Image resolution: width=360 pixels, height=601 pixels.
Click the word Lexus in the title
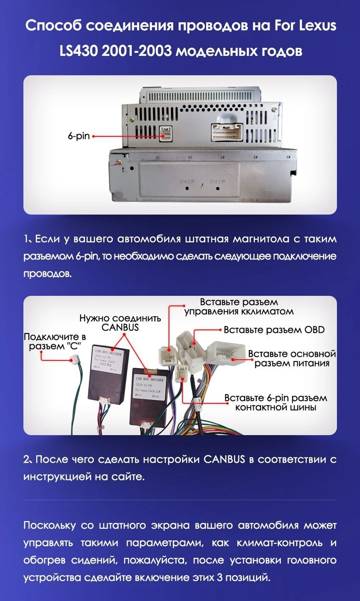point(316,26)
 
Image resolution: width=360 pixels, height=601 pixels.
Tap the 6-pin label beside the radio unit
point(78,136)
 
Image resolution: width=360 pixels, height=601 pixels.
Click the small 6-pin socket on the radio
point(166,134)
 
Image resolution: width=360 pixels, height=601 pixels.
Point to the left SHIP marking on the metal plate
point(187,181)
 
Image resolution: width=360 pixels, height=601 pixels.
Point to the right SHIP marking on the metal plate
point(217,181)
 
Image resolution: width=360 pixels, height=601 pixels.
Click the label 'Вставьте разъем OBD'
point(274,330)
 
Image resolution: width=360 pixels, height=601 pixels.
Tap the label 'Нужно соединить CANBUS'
point(120,322)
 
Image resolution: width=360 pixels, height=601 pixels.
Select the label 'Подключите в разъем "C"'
point(55,341)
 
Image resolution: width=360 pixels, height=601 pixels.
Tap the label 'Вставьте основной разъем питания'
point(292,358)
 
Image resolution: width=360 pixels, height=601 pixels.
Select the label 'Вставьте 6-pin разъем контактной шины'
point(275,402)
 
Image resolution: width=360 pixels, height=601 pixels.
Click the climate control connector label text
point(239,307)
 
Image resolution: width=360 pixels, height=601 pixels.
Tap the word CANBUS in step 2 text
point(224,460)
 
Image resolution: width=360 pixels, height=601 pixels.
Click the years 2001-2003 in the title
point(137,51)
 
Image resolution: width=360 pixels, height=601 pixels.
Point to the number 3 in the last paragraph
point(220,578)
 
